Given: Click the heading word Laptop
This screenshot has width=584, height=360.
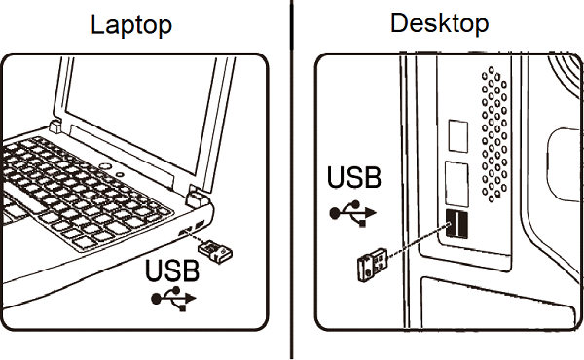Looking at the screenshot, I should click(x=131, y=24).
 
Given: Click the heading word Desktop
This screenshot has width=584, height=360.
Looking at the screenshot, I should click(x=439, y=22).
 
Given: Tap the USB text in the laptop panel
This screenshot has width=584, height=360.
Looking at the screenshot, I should click(x=172, y=270).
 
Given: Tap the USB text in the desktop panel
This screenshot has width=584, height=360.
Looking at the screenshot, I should click(x=354, y=179).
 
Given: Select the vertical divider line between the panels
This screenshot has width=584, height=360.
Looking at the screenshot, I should click(x=291, y=180).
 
